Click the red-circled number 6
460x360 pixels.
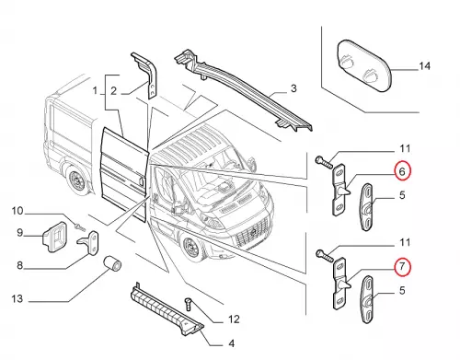tap(402, 171)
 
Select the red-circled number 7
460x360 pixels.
tap(402, 266)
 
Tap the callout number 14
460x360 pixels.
tap(424, 66)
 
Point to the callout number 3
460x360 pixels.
tap(293, 88)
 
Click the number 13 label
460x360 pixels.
tap(17, 298)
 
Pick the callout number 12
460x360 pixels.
tap(234, 319)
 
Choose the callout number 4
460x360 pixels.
tap(232, 343)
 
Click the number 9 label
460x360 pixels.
tap(19, 232)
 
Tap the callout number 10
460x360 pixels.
tap(17, 211)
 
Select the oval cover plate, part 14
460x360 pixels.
tap(363, 65)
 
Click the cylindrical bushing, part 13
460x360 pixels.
tap(111, 264)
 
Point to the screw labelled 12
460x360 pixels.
tap(189, 304)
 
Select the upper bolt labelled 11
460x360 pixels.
tap(324, 162)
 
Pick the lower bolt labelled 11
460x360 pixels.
tap(324, 257)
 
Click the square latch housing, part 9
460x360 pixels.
tap(54, 237)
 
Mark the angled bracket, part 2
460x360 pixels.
tap(146, 75)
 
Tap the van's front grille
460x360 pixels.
tap(252, 233)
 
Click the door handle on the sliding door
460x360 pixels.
tap(141, 180)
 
